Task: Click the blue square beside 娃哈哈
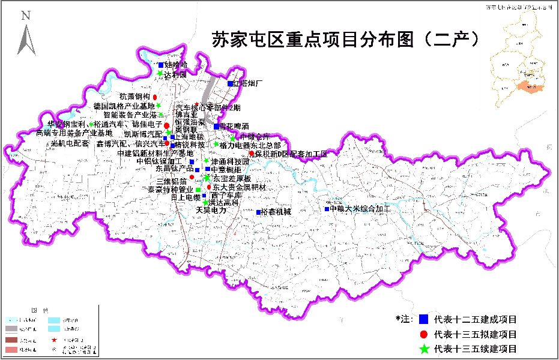click(160, 65)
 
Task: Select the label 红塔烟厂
click(249, 83)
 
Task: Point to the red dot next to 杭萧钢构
click(155, 97)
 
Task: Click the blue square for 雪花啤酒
click(216, 127)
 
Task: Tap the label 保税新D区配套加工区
click(291, 154)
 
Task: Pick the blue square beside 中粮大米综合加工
click(327, 209)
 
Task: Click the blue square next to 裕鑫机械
click(258, 212)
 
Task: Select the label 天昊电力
click(211, 211)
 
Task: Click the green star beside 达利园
click(160, 74)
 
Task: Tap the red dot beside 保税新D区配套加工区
click(252, 154)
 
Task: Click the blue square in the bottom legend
click(423, 319)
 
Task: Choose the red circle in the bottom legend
click(423, 334)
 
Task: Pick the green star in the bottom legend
click(423, 349)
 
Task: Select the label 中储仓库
click(255, 136)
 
